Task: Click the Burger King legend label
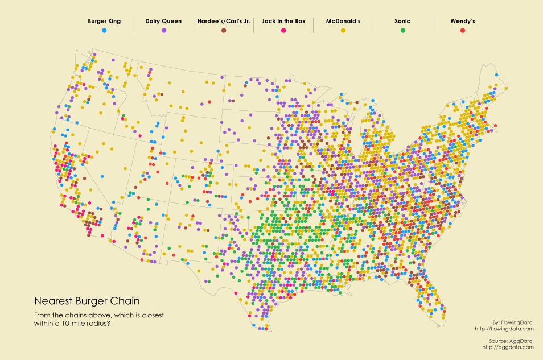pyautogui.click(x=104, y=22)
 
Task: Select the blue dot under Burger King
pyautogui.click(x=104, y=30)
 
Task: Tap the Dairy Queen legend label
pyautogui.click(x=163, y=22)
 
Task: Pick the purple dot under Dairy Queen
pyautogui.click(x=163, y=30)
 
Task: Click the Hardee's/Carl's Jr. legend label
pyautogui.click(x=224, y=22)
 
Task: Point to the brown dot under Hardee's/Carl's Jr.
pyautogui.click(x=224, y=30)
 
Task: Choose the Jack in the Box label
pyautogui.click(x=283, y=22)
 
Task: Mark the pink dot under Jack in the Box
pyautogui.click(x=283, y=30)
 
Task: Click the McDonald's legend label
pyautogui.click(x=343, y=22)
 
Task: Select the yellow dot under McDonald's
pyautogui.click(x=343, y=30)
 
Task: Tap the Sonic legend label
pyautogui.click(x=402, y=22)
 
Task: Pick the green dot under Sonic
pyautogui.click(x=402, y=30)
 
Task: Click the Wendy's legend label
pyautogui.click(x=463, y=22)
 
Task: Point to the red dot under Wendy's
pyautogui.click(x=463, y=30)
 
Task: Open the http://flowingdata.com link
pyautogui.click(x=504, y=328)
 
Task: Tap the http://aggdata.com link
pyautogui.click(x=508, y=346)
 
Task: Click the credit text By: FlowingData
pyautogui.click(x=514, y=322)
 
